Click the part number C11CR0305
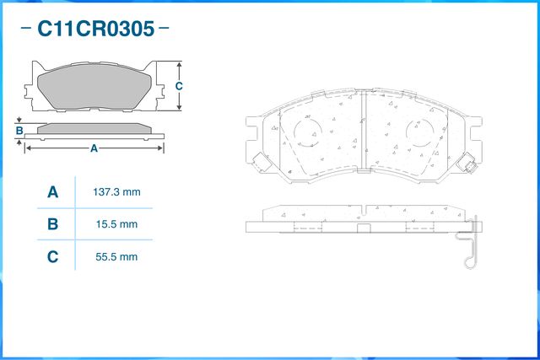[94, 30]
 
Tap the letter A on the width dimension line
[94, 148]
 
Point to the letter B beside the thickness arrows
[19, 131]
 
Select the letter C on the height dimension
[179, 87]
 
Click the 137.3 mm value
[116, 192]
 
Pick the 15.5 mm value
[116, 224]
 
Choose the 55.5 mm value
[116, 256]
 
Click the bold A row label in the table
[52, 192]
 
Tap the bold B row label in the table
[52, 224]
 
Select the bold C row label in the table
[52, 256]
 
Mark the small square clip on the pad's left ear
[258, 163]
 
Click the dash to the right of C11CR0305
[164, 29]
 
